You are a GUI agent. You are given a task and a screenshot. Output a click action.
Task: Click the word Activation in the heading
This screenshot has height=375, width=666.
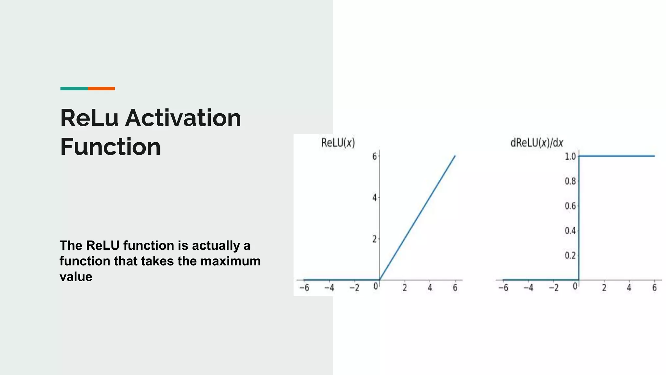(183, 118)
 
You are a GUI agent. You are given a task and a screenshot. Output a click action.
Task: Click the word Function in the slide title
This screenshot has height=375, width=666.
(111, 147)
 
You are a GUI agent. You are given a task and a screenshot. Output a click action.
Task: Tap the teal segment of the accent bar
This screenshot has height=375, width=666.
(74, 89)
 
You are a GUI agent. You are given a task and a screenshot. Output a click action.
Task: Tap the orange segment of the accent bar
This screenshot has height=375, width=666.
(101, 89)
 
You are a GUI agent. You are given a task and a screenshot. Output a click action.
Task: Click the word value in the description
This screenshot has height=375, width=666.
(76, 277)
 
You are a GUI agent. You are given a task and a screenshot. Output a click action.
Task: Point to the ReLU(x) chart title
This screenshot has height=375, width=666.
(338, 143)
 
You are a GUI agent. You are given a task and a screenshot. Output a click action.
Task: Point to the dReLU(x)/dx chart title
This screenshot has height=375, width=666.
(537, 143)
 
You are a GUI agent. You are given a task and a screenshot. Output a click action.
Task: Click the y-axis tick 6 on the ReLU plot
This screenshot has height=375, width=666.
(374, 157)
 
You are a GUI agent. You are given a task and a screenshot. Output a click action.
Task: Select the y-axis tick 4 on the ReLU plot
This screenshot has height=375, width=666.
(374, 198)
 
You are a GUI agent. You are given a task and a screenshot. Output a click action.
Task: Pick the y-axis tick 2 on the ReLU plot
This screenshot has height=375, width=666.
(374, 239)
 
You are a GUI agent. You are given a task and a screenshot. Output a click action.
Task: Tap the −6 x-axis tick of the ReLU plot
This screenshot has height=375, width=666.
(304, 288)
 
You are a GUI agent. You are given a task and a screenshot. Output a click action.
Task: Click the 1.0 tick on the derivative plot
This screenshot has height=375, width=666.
(570, 157)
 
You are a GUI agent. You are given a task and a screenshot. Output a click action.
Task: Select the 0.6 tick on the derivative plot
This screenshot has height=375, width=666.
(570, 206)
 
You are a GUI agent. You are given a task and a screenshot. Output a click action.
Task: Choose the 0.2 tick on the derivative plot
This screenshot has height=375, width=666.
(570, 256)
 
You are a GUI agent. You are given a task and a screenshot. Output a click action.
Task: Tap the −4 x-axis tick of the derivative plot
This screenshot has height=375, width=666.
(528, 288)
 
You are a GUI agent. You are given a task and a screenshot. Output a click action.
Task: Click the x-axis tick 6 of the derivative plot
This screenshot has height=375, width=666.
(654, 288)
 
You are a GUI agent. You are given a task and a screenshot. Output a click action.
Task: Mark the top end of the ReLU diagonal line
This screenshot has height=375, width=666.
(455, 156)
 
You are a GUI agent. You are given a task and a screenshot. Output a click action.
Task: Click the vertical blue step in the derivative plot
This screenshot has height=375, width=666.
(579, 218)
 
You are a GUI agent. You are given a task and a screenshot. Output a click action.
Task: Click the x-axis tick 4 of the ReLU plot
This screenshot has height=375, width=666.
(430, 288)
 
